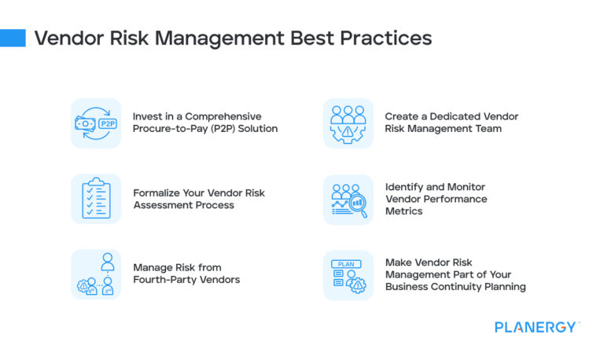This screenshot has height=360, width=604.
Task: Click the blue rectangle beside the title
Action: (x=13, y=38)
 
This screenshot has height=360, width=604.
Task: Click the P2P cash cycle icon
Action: (x=96, y=123)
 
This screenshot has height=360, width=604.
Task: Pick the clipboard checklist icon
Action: (x=96, y=199)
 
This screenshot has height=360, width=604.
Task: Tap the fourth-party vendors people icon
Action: (x=96, y=274)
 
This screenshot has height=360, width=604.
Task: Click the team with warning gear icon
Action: (x=348, y=123)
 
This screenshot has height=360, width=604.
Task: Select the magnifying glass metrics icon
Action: (x=348, y=199)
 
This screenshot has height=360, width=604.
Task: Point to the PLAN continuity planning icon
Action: (x=348, y=274)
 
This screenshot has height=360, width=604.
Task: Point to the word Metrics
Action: (x=404, y=211)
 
